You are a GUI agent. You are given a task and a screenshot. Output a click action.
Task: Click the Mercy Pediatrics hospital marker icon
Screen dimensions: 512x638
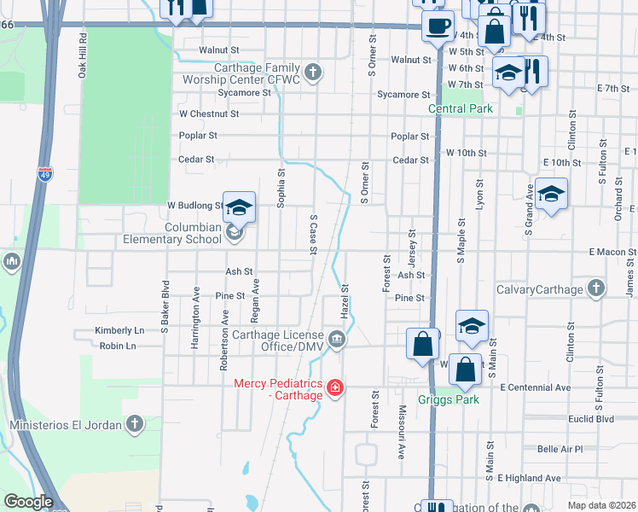click(336, 389)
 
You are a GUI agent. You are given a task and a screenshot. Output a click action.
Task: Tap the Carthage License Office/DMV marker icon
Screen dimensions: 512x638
click(338, 341)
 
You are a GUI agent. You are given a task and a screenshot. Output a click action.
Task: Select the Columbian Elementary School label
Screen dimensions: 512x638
click(182, 234)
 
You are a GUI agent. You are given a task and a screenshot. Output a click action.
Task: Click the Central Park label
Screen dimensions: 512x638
click(461, 109)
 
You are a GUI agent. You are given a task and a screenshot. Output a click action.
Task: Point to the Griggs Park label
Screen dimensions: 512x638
click(449, 399)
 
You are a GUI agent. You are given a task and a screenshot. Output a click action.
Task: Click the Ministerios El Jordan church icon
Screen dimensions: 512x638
click(135, 423)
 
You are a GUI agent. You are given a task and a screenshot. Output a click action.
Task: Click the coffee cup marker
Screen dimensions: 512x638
click(438, 26)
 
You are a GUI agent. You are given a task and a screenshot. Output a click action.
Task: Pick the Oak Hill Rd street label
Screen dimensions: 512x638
click(84, 56)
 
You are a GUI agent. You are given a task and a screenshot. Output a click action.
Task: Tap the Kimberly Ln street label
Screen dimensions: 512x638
click(120, 330)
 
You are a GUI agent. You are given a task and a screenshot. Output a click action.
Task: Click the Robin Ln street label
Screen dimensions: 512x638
click(118, 346)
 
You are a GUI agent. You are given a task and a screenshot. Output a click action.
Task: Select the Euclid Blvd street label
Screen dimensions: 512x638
click(592, 419)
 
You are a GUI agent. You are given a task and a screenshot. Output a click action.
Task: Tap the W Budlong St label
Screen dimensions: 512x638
click(195, 206)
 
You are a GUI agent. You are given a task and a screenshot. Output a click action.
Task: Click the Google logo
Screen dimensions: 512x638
click(28, 502)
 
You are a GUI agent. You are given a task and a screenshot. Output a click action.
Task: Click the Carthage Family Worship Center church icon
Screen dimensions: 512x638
click(314, 72)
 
